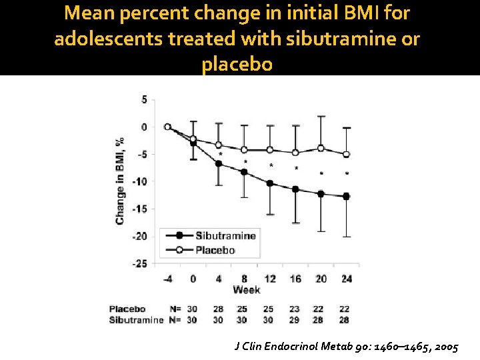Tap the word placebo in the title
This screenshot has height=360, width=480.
coord(237,65)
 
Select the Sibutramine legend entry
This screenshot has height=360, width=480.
coord(211,236)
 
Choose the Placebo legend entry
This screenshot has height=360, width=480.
coord(200,250)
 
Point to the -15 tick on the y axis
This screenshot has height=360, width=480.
coord(139,209)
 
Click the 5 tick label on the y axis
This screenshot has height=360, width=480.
coord(144,100)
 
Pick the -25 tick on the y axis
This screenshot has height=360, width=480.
coord(139,263)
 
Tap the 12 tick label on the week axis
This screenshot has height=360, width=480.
coord(270,279)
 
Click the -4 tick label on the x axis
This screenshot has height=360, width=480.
coord(167,279)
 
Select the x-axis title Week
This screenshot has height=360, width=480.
coord(247,289)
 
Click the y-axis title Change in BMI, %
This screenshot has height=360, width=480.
coord(120,181)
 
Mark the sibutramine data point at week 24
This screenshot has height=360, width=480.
coord(346,197)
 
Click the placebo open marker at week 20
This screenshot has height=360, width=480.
coord(321,149)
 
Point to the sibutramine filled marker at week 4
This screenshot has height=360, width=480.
coord(219,164)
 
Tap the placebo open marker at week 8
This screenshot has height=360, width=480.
coord(244,150)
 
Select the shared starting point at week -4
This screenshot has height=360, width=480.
coord(167,127)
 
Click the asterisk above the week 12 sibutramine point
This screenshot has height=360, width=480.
coord(271,165)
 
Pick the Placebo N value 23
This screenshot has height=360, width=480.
coord(294,309)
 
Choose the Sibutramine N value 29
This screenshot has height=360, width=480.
coord(294,320)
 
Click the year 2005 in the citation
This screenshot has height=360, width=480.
coord(447,347)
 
